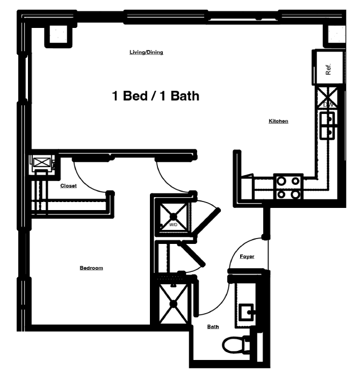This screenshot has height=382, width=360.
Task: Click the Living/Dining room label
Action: (x=146, y=53)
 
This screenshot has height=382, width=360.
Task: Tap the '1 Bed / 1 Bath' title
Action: (x=156, y=96)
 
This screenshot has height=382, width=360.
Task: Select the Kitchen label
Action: (x=278, y=121)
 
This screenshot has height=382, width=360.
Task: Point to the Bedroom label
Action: (x=91, y=268)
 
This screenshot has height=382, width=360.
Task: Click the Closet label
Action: (x=68, y=186)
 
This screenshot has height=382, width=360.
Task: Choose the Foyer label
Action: (x=247, y=257)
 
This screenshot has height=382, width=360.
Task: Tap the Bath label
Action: (x=213, y=327)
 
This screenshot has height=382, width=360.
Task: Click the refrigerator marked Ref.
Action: (x=328, y=68)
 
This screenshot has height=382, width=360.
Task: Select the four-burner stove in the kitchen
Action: (x=289, y=187)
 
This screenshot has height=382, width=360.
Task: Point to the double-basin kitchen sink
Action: (x=327, y=126)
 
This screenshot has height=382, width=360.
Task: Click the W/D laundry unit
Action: (x=174, y=218)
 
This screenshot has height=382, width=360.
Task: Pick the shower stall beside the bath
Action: (x=174, y=304)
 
